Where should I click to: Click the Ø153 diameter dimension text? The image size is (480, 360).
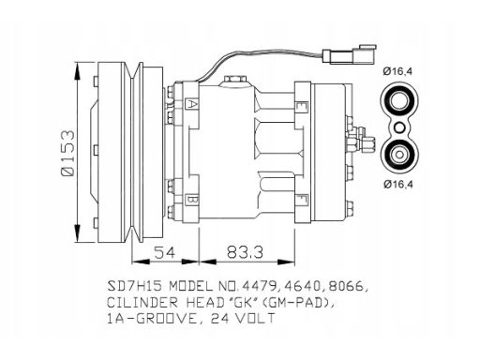coord(68,154)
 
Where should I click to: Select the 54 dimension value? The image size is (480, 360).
coord(165,252)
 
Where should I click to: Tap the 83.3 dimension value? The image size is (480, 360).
coord(245,252)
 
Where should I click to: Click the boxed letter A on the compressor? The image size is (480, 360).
coord(190,104)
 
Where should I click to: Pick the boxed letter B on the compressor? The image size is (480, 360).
coord(190,199)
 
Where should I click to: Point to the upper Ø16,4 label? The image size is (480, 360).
coord(397,71)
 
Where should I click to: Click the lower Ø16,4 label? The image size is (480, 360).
coord(398,185)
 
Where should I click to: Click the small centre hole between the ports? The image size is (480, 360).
coord(399,127)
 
